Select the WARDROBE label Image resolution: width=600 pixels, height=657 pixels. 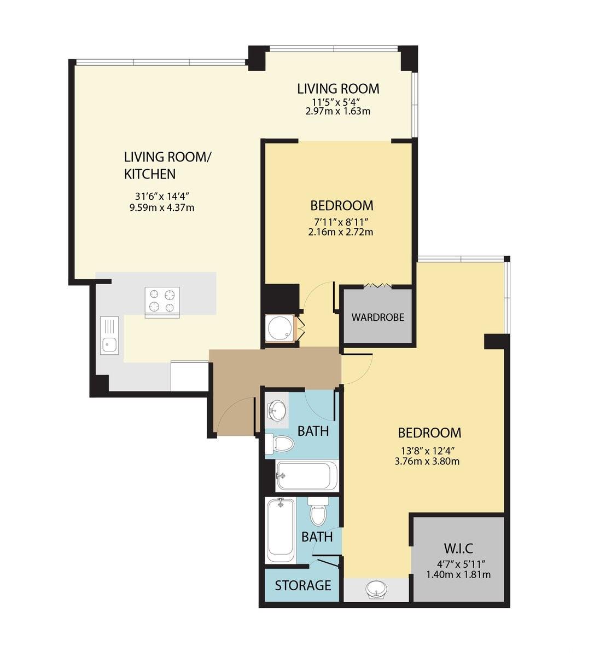378,317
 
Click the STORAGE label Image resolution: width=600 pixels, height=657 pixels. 303,585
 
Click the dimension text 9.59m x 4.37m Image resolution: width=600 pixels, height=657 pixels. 162,208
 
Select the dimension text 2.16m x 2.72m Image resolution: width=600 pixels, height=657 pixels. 341,232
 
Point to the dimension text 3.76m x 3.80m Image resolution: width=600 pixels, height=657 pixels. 427,461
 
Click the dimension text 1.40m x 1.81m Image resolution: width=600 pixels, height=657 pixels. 458,574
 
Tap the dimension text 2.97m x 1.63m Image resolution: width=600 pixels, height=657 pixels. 338,111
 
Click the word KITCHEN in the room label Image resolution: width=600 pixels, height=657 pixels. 150,174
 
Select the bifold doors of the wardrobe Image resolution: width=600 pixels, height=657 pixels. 377,285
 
